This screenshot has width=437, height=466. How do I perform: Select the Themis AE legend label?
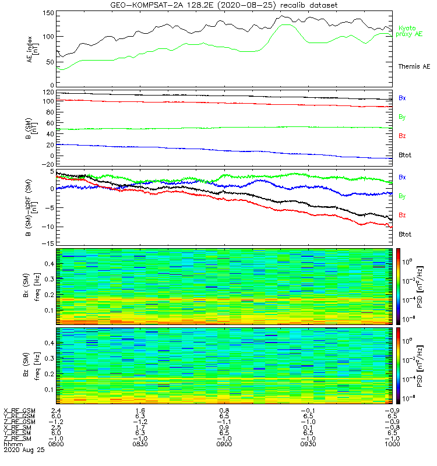click(414, 66)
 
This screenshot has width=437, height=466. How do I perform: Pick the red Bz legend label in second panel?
click(402, 136)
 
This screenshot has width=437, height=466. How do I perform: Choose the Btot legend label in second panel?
click(404, 155)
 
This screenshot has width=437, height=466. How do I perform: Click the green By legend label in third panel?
click(402, 196)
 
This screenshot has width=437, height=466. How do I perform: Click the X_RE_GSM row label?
click(19, 411)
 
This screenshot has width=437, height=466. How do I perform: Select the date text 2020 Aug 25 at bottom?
click(21, 450)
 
